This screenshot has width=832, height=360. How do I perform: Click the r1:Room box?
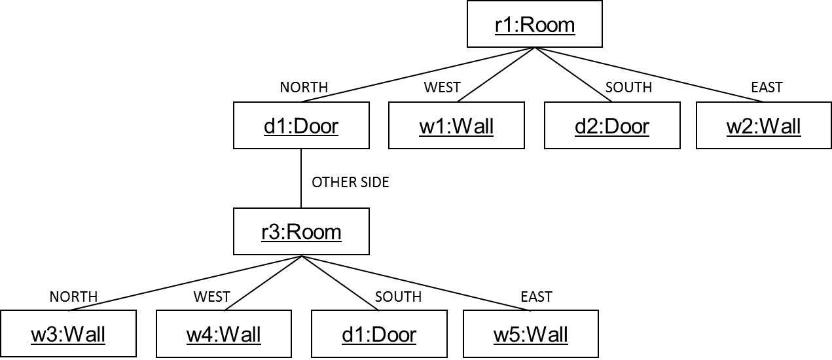pos(534,25)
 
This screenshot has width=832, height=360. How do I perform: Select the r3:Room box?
pos(301,232)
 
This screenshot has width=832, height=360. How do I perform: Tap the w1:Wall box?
pos(456,126)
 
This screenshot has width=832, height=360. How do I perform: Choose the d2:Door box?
pos(612,126)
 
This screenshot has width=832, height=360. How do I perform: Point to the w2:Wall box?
pos(763,126)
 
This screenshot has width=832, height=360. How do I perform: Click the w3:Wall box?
pos(68,334)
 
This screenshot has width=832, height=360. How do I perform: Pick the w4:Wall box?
pos(223,334)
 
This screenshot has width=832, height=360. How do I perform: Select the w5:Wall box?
pos(531,334)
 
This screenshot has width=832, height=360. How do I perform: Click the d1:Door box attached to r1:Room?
pos(301,126)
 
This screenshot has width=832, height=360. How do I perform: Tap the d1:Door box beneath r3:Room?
pos(379,334)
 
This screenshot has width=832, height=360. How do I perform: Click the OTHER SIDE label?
pos(350,183)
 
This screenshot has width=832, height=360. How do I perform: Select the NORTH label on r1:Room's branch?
pos(304,88)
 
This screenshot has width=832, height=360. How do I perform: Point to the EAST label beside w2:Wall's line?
pos(767,88)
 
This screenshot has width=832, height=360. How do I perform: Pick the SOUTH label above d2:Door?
pos(628,88)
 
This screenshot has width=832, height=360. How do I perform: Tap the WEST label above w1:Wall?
pos(442,88)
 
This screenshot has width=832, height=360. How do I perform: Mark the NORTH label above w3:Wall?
pos(73,297)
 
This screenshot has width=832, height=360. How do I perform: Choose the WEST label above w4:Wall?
pos(211,297)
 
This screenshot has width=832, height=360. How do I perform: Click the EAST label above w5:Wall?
pos(536,297)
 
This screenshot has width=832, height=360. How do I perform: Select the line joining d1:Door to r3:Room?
pos(301,178)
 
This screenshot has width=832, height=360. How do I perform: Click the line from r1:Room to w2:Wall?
pos(655,76)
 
